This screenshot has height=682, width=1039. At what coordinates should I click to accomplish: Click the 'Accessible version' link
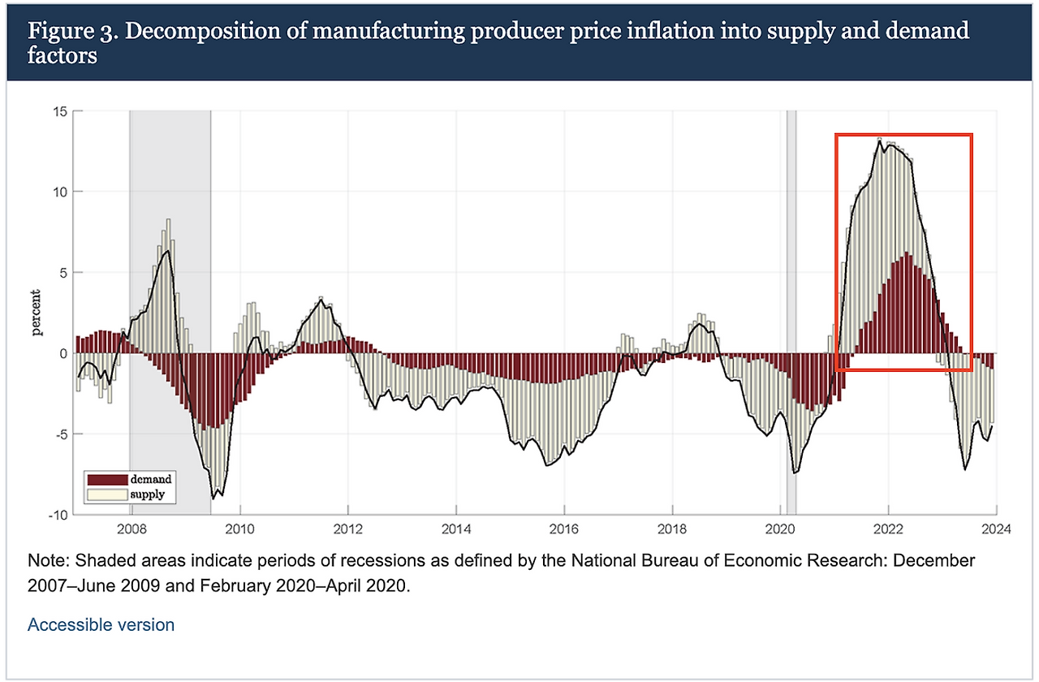(101, 625)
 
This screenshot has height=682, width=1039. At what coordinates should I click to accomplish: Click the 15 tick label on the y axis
(58, 111)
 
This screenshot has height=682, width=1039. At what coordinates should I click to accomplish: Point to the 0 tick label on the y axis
(62, 353)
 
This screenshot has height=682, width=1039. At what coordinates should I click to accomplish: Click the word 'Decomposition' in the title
(181, 32)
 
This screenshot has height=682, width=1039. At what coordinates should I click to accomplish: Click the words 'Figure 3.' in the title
(66, 32)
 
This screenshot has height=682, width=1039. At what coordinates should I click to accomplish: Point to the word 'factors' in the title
(63, 57)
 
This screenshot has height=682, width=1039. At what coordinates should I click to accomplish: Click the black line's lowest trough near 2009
(213, 498)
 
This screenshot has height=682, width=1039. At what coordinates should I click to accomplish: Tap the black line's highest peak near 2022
(879, 139)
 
